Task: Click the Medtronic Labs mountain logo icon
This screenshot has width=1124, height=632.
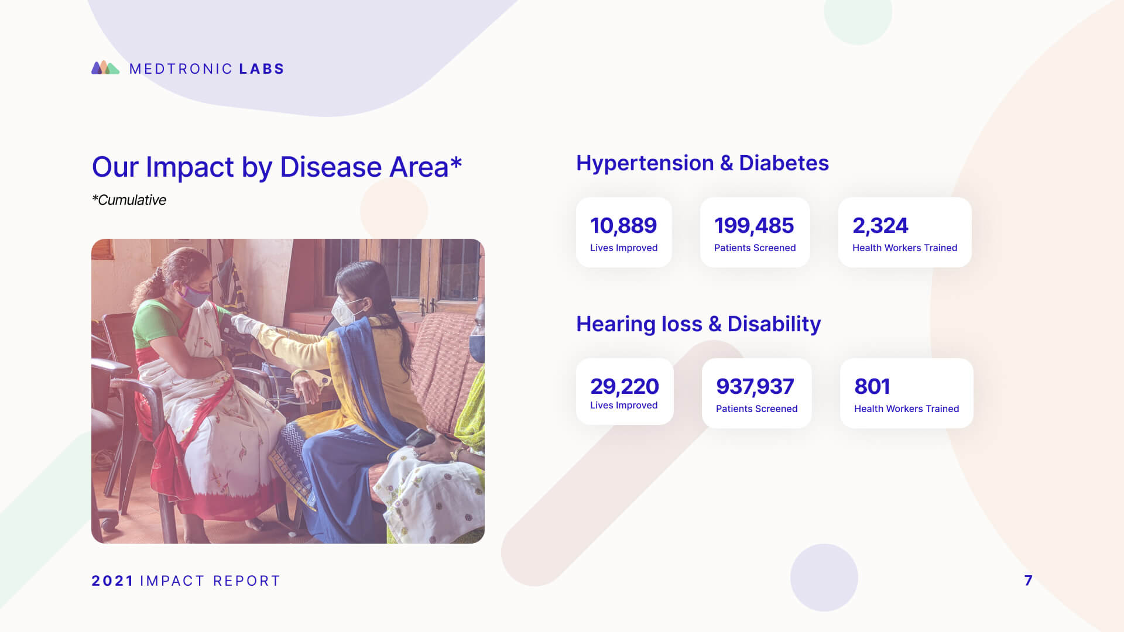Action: [x=105, y=68]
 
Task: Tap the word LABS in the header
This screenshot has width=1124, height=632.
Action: [x=262, y=69]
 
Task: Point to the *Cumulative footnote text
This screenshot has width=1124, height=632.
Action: [x=129, y=200]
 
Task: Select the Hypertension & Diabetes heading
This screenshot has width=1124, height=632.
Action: [x=702, y=163]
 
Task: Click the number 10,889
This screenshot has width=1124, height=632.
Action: [x=623, y=225]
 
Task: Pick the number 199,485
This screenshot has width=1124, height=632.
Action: [x=754, y=225]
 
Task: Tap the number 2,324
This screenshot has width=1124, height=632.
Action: [x=880, y=225]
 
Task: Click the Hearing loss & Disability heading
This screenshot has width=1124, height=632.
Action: [x=698, y=324]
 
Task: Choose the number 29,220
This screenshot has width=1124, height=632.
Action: [x=625, y=386]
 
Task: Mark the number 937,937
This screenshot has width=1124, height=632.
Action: [x=755, y=386]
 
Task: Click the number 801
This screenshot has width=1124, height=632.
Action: [x=872, y=386]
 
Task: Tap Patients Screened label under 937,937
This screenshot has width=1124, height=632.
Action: [x=756, y=408]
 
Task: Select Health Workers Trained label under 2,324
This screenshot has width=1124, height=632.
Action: [x=904, y=248]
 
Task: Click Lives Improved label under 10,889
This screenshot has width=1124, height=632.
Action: [x=623, y=248]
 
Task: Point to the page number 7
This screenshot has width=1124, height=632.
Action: [x=1029, y=581]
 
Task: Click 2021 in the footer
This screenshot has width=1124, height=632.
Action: [x=113, y=581]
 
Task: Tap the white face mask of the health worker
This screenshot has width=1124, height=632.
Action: [x=345, y=311]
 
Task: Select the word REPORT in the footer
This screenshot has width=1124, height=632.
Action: [x=246, y=581]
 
